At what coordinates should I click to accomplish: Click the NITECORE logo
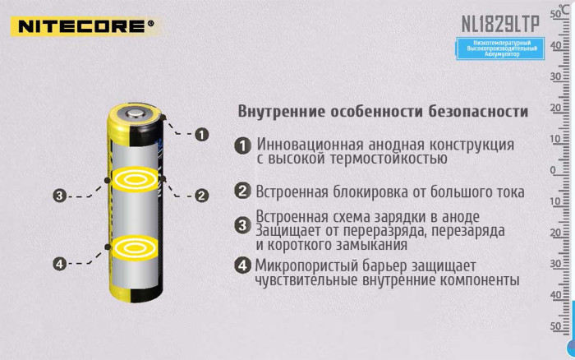[82, 25]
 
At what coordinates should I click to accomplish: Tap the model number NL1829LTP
[495, 22]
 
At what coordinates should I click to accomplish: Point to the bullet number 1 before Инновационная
[242, 145]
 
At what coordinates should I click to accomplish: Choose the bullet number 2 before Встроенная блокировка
[242, 192]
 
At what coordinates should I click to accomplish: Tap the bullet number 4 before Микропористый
[242, 265]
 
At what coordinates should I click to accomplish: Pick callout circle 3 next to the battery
[59, 196]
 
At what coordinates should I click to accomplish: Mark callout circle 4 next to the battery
[59, 264]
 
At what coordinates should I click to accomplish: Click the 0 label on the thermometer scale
[553, 171]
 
